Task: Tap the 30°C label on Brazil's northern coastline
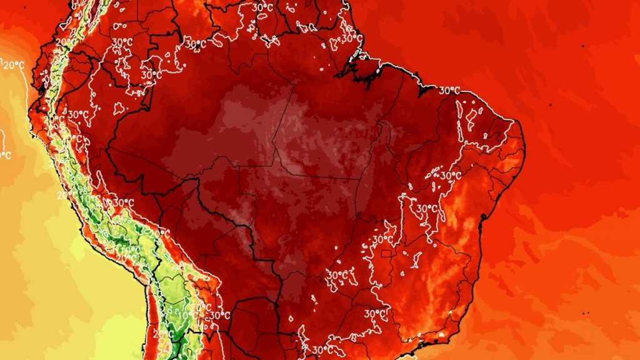[449, 91]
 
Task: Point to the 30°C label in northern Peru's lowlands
[78, 115]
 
